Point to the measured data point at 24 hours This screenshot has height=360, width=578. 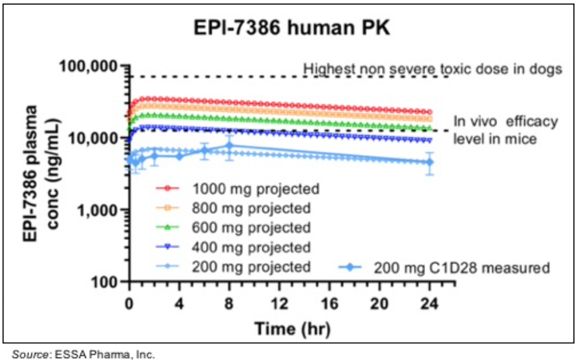pyautogui.click(x=429, y=162)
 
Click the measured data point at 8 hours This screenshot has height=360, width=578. pyautogui.click(x=229, y=146)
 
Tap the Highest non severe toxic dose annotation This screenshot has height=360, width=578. pyautogui.click(x=433, y=69)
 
